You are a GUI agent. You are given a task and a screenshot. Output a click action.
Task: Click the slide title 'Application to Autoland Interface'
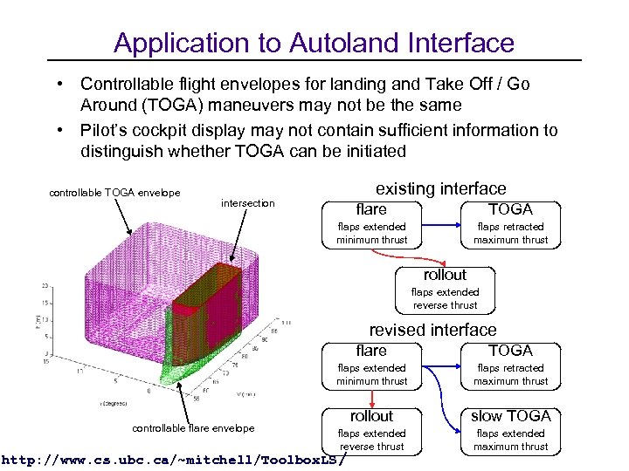(x=314, y=42)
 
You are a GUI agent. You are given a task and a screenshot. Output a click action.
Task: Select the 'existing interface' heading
(x=440, y=188)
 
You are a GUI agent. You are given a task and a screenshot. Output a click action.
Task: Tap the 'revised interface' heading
(x=432, y=330)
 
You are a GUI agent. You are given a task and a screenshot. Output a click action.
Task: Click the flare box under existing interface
(x=371, y=224)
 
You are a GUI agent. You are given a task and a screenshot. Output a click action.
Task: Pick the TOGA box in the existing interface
(x=510, y=224)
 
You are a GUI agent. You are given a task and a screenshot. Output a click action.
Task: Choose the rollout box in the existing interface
(x=445, y=290)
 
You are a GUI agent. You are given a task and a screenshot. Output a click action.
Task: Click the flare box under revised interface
(x=371, y=365)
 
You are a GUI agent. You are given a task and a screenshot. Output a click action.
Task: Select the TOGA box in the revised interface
(x=510, y=365)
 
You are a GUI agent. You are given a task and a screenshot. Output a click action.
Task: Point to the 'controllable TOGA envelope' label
(x=114, y=193)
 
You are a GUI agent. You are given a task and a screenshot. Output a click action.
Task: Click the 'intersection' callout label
(x=247, y=203)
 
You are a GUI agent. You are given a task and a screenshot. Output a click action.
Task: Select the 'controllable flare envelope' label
(x=193, y=427)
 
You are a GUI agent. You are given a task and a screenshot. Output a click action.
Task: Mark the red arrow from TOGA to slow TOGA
(x=510, y=397)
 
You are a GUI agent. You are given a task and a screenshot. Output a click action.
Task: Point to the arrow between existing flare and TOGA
(x=441, y=224)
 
